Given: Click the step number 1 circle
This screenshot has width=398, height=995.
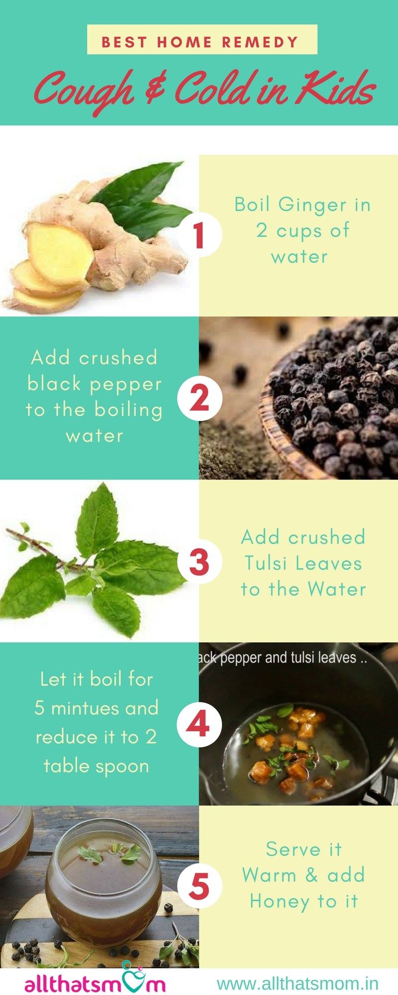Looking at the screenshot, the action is pyautogui.click(x=199, y=235).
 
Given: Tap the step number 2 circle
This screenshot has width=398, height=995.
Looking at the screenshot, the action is pyautogui.click(x=199, y=398).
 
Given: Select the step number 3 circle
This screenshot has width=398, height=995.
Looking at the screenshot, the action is pyautogui.click(x=199, y=562).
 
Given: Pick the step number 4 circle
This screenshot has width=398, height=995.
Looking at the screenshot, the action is pyautogui.click(x=199, y=724).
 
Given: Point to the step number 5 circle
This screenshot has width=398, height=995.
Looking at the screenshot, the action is pyautogui.click(x=199, y=887).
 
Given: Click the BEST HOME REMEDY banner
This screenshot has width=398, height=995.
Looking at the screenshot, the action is pyautogui.click(x=202, y=39).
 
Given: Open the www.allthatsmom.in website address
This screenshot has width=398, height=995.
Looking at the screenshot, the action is pyautogui.click(x=298, y=984).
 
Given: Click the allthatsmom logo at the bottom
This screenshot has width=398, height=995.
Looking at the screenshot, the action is pyautogui.click(x=95, y=983).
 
